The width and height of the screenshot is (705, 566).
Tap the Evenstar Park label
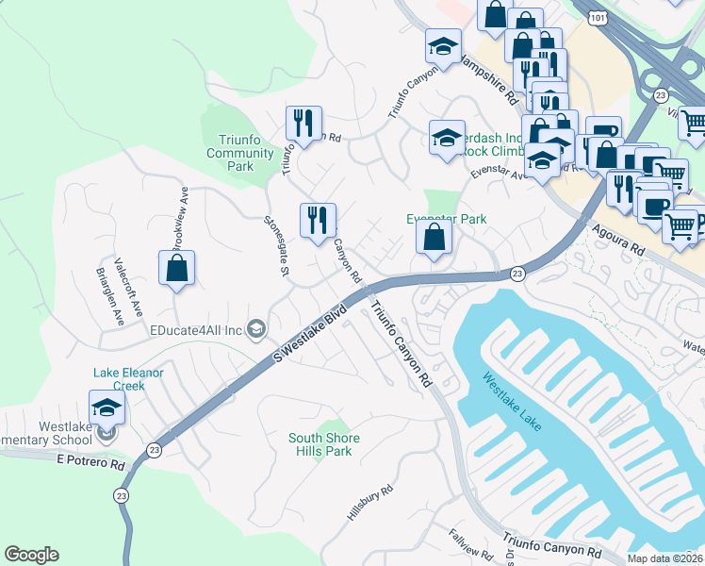pos(446,219)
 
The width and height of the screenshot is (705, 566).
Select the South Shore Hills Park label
pos(320,444)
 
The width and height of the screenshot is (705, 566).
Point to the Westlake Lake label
pos(512,403)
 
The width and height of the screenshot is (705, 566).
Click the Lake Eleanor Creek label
pos(128,379)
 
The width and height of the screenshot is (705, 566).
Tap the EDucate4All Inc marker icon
pos(255,329)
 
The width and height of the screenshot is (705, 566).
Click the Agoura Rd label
pos(618,241)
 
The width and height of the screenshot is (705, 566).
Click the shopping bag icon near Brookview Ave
pos(176,269)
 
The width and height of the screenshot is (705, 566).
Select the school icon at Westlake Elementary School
pos(107,408)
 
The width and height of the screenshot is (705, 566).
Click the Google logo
pos(31,555)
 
